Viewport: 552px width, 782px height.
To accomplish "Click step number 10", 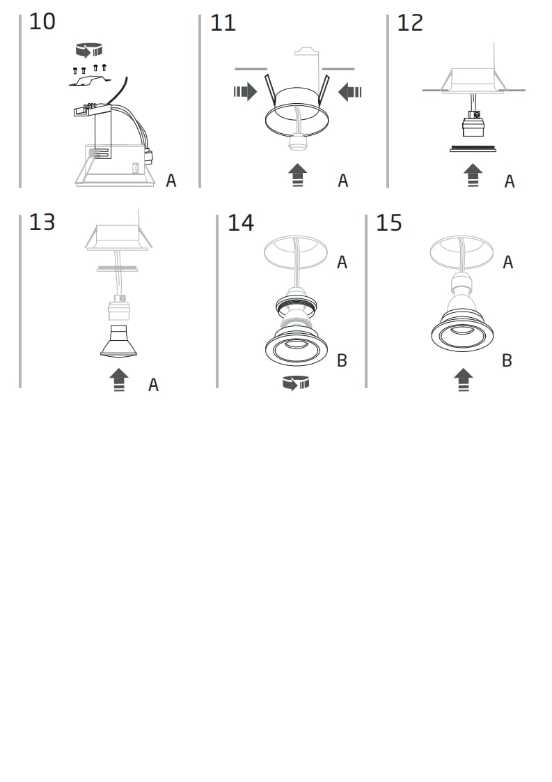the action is pyautogui.click(x=42, y=22).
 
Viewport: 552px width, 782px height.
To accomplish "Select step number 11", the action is pyautogui.click(x=223, y=23).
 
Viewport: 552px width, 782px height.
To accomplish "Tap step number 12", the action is pyautogui.click(x=410, y=23).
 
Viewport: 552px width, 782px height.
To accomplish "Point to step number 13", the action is pyautogui.click(x=42, y=222).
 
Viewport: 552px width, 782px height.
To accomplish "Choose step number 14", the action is pyautogui.click(x=241, y=223).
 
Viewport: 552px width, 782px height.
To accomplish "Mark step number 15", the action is pyautogui.click(x=388, y=223).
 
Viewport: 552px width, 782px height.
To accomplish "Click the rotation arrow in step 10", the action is pyautogui.click(x=88, y=50).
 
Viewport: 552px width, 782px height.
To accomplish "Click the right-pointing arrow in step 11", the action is pyautogui.click(x=245, y=92).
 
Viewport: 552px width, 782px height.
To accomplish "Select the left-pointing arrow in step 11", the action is pyautogui.click(x=349, y=92).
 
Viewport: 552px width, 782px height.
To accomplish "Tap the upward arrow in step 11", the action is pyautogui.click(x=297, y=175).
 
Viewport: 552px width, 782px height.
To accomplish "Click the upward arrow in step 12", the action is pyautogui.click(x=473, y=175).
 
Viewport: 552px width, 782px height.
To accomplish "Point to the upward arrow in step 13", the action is pyautogui.click(x=119, y=380).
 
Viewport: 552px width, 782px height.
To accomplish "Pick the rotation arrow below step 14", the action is pyautogui.click(x=296, y=383).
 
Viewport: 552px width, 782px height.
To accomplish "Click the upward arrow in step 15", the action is pyautogui.click(x=464, y=380).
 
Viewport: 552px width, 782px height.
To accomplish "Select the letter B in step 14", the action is pyautogui.click(x=342, y=360).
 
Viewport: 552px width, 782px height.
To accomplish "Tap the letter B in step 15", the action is pyautogui.click(x=507, y=360).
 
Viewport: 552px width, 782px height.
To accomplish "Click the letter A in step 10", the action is pyautogui.click(x=171, y=181).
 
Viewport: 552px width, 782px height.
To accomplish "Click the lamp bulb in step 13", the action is pyautogui.click(x=118, y=341).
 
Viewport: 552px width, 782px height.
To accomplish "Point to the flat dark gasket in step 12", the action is pyautogui.click(x=473, y=148).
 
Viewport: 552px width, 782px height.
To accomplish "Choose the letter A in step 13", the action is pyautogui.click(x=153, y=385).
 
